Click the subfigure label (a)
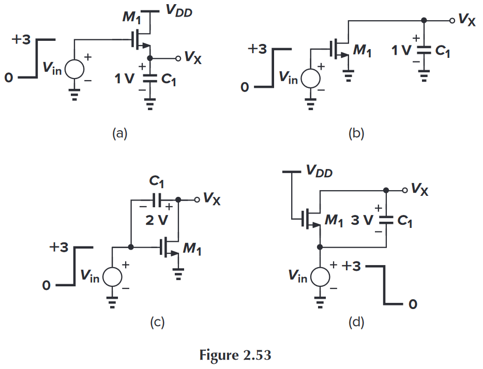(119, 134)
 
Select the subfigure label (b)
(356, 134)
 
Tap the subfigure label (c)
(157, 323)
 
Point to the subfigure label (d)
(356, 323)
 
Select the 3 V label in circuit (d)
(363, 221)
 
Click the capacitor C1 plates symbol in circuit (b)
(424, 51)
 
